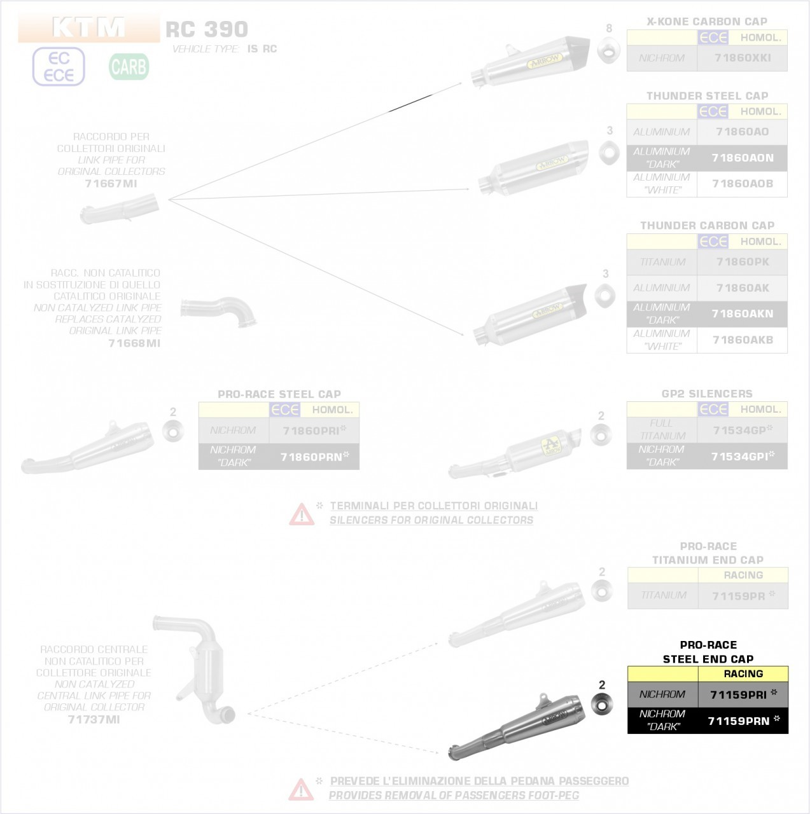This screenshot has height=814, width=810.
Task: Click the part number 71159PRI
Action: (x=738, y=694)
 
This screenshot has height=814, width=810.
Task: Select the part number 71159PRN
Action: (x=739, y=721)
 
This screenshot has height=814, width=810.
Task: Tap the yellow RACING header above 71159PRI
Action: (x=743, y=673)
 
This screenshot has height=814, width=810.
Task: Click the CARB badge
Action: (x=129, y=66)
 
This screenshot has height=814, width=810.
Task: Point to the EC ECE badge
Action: (x=59, y=67)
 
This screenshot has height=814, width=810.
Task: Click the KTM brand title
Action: (x=88, y=27)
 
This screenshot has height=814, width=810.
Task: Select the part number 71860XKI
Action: (x=742, y=58)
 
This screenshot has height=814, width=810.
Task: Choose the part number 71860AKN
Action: (x=742, y=314)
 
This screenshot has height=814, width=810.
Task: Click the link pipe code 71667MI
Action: (x=111, y=183)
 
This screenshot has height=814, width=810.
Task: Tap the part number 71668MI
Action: (x=134, y=343)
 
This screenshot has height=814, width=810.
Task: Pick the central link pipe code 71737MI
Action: (x=94, y=719)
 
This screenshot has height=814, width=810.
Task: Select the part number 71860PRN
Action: (x=311, y=457)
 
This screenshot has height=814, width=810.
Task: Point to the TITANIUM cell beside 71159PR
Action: (x=663, y=595)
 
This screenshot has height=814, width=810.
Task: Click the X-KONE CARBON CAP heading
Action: (x=707, y=22)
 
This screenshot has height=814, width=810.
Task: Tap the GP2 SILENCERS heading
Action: (x=707, y=394)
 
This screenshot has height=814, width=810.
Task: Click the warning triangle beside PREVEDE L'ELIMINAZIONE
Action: (x=301, y=789)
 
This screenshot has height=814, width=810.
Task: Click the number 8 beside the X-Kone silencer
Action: (x=609, y=29)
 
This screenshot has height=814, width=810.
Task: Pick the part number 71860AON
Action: (x=742, y=158)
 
